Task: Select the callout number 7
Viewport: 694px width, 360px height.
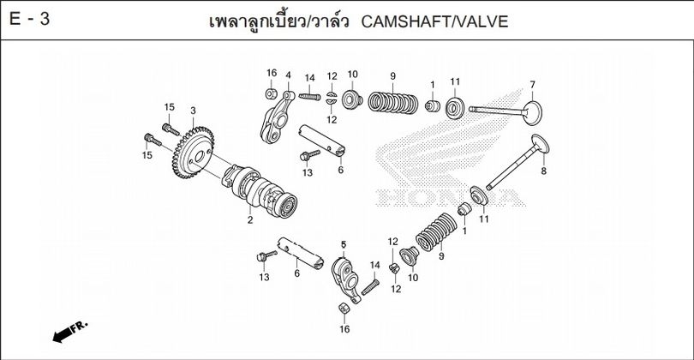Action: pos(531,84)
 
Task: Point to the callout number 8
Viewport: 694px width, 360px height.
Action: pos(542,171)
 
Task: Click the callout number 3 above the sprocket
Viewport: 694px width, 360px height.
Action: pos(193,111)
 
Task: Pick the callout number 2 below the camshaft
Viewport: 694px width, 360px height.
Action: pos(250,221)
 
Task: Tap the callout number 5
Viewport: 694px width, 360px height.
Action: pos(343,244)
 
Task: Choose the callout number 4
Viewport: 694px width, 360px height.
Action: pos(288,75)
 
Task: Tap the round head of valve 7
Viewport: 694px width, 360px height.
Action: pos(531,112)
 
